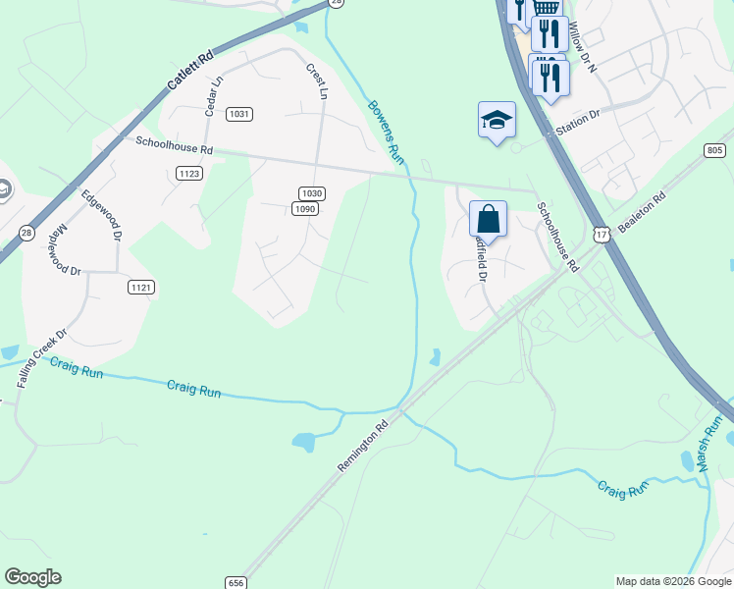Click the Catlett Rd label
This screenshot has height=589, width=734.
pos(189,71)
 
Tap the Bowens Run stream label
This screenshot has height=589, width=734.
pos(385,131)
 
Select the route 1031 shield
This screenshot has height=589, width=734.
pos(238,115)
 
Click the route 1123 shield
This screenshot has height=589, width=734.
pos(189,174)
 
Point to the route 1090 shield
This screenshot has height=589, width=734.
pos(305,208)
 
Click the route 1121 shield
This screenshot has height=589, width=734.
pos(141,287)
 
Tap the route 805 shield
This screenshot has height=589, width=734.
pos(714,150)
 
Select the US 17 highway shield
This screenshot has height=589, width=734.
pos(602,233)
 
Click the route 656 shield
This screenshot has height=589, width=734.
pos(235,582)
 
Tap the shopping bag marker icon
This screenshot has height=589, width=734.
pos(488,218)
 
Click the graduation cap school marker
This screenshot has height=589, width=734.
pos(497,120)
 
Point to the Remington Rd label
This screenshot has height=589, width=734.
pos(364,447)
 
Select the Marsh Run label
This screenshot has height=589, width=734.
pos(713,444)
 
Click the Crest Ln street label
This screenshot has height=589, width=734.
pos(316,82)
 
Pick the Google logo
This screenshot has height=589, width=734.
pos(32,577)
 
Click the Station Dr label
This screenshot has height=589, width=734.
pos(577,123)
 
